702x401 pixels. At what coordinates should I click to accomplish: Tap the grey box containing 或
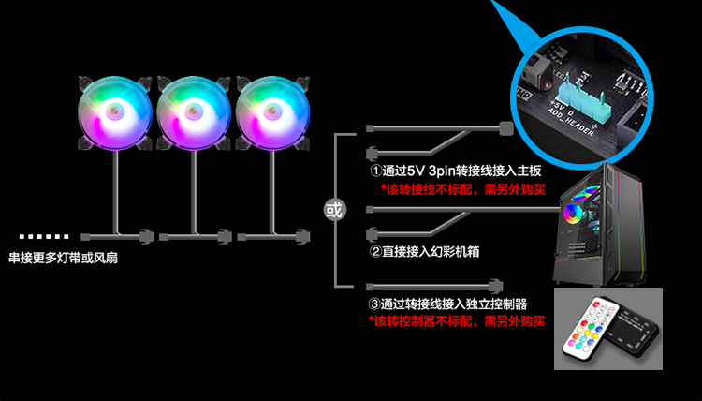pyautogui.click(x=334, y=208)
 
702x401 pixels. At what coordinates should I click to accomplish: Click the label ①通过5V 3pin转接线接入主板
pyautogui.click(x=455, y=172)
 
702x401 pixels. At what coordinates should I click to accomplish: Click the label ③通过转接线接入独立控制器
pyautogui.click(x=447, y=304)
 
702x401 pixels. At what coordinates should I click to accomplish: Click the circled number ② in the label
pyautogui.click(x=374, y=253)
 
